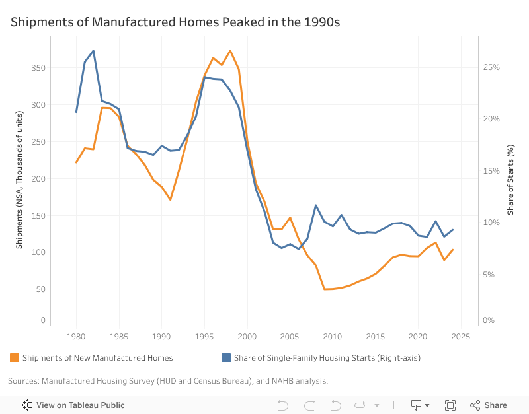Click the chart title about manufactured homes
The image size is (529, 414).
175,22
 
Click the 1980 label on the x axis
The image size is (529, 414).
76,337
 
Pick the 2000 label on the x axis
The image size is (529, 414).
247,337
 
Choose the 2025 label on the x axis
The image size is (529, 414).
460,337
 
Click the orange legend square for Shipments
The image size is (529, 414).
14,358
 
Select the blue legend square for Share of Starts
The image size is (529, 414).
225,358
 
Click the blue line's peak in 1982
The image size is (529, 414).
93,51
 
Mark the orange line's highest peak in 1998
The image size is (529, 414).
230,51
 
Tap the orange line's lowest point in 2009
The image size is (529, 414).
324,289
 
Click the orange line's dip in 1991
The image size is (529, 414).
171,199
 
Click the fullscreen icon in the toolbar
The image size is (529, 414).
450,405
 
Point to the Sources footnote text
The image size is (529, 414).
168,381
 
